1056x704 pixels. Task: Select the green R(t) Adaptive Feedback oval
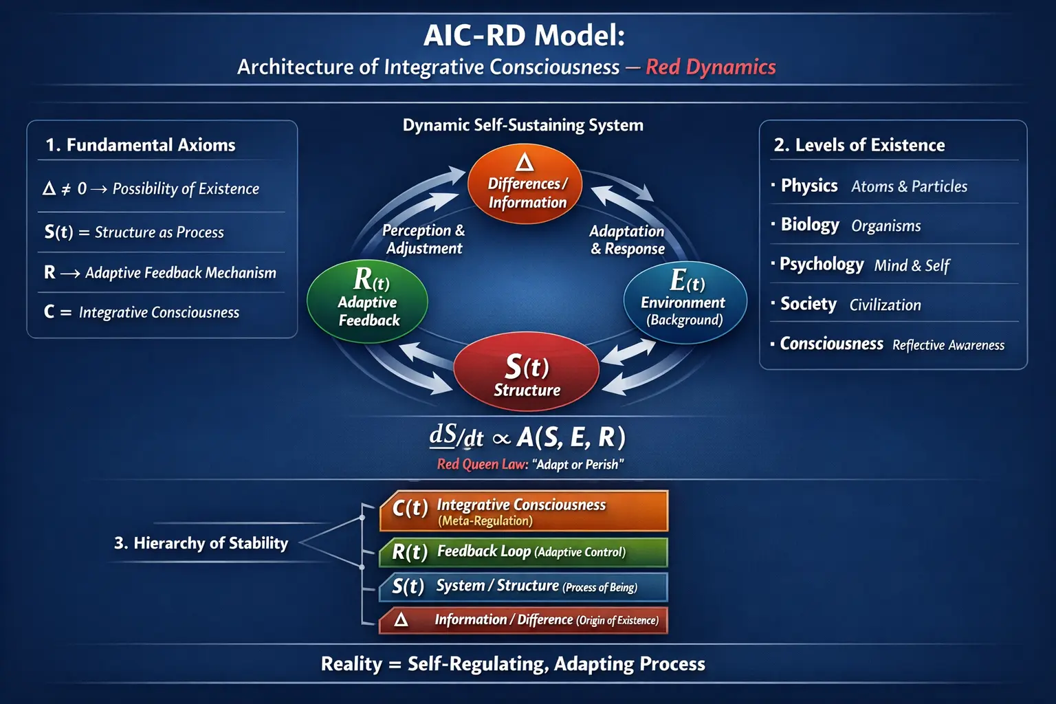point(368,302)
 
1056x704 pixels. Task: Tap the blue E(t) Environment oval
point(685,302)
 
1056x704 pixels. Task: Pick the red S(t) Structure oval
point(527,375)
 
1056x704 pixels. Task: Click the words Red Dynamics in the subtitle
point(710,67)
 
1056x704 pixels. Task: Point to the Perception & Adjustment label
point(423,239)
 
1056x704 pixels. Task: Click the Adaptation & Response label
point(627,240)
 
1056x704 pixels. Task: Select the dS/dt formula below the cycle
point(527,437)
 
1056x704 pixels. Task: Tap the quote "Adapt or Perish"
point(578,465)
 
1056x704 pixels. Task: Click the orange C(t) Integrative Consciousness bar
point(524,511)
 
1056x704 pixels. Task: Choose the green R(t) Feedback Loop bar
point(524,552)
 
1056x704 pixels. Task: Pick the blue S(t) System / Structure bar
point(524,586)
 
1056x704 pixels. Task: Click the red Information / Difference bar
point(524,620)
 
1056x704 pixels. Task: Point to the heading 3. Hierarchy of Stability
point(201,543)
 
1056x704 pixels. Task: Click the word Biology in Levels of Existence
point(810,225)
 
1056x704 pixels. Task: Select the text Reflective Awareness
point(948,345)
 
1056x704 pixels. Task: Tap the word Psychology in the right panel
point(822,265)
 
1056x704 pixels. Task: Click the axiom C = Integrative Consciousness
point(142,312)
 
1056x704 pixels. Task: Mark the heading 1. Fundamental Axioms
point(140,145)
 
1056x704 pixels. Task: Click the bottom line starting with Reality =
point(513,664)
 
